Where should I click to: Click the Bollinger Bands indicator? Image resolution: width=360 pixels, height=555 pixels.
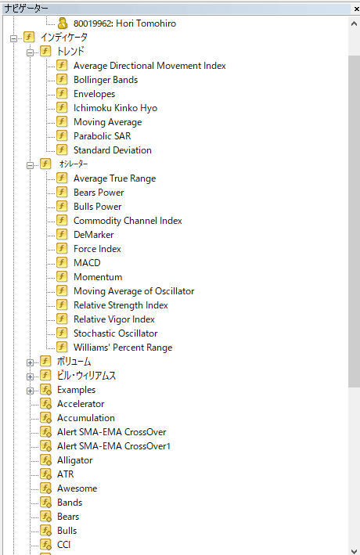pos(106,80)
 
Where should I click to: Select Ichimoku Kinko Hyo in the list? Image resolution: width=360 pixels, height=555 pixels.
pos(115,108)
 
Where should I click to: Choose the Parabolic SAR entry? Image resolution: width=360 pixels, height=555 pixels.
pos(103,136)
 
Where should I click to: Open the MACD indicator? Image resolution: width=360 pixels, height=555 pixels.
pos(87,263)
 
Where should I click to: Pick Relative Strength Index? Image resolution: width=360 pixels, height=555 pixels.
pos(121,305)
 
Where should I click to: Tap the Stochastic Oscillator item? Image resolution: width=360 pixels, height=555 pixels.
pos(115,333)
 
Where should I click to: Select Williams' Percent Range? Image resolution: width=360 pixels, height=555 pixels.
pos(123,348)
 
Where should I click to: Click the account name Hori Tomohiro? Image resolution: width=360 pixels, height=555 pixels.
pos(146,23)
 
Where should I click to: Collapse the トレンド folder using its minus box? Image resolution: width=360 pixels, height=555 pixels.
pos(30,52)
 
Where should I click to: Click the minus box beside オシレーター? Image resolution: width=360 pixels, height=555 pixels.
pos(30,165)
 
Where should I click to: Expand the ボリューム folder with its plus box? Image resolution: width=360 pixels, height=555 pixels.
pos(30,362)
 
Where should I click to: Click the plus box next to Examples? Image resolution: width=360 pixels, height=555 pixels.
pos(30,391)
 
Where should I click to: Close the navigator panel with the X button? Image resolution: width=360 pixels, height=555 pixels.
pos(356,9)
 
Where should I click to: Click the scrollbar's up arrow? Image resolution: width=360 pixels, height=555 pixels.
pos(354,23)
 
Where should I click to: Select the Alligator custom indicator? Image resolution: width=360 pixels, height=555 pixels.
pos(74,460)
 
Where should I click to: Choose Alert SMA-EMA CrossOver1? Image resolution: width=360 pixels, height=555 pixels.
pos(113,446)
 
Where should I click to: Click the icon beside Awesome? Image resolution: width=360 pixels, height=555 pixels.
pos(45,488)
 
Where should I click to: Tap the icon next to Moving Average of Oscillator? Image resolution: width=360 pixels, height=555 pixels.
pos(62,290)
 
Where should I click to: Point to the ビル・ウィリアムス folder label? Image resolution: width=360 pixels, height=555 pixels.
pos(86,376)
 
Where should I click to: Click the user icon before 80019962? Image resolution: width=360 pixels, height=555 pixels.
pos(63,23)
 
